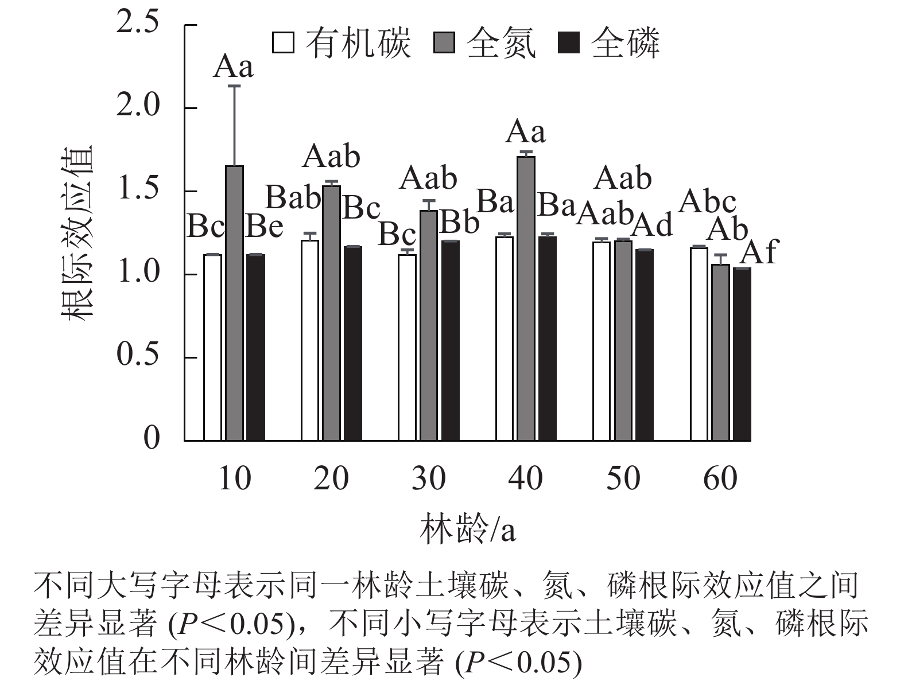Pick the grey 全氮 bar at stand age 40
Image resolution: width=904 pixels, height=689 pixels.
pos(526,298)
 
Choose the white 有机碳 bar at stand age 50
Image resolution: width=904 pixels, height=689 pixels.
pos(602,341)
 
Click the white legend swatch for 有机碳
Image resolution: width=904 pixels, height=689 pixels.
pos(284,43)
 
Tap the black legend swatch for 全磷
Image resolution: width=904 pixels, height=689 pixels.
pos(569,43)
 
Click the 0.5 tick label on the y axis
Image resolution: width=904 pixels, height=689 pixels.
pos(137,356)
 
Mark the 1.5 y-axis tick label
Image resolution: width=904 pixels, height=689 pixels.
pos(137,190)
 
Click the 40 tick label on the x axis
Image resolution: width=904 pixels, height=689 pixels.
pos(526,478)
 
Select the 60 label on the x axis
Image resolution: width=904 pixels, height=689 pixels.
pos(720,478)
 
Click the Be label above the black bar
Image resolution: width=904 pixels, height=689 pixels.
pos(265,227)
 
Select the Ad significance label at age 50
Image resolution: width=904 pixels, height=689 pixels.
pos(652,225)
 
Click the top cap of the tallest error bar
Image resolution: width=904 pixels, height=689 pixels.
pos(234,86)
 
